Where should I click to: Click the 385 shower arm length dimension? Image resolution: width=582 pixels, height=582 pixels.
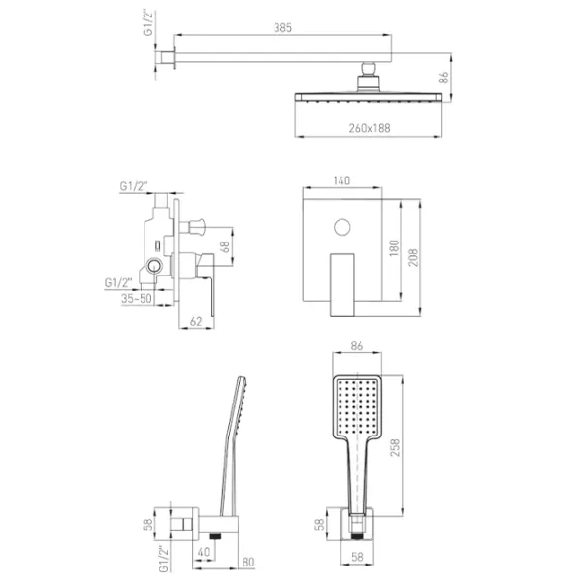[x=283, y=28]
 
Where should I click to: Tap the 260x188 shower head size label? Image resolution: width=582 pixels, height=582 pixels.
[x=370, y=128]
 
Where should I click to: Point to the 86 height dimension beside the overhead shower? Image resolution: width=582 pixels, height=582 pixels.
[x=443, y=78]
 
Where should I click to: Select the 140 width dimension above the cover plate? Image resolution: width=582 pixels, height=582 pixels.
[x=341, y=180]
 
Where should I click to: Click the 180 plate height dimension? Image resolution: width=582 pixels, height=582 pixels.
[x=394, y=248]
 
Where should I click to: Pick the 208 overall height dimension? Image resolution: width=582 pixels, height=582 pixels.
[x=413, y=258]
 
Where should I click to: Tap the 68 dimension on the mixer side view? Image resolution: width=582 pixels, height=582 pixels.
[x=225, y=246]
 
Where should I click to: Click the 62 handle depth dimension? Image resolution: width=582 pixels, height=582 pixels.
[x=196, y=321]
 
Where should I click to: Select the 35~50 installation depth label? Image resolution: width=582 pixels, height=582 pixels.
[x=137, y=298]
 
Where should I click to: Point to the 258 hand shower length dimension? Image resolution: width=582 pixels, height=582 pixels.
[x=395, y=447]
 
